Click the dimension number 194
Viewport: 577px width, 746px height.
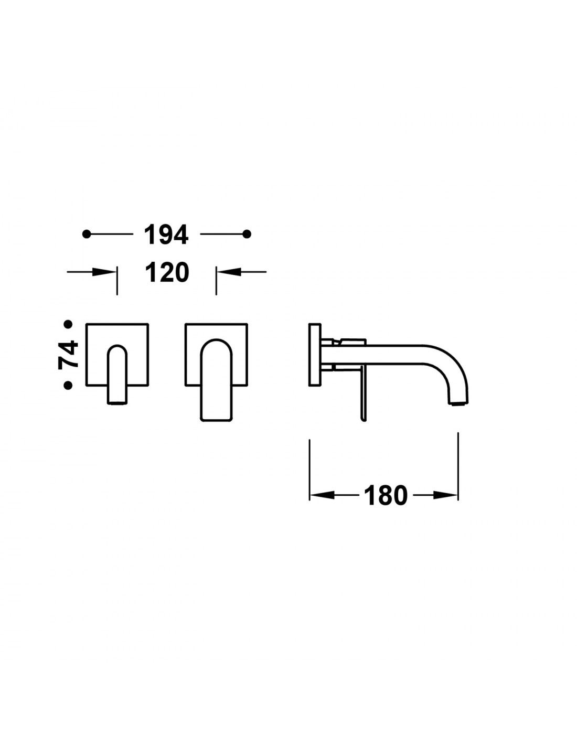(166, 235)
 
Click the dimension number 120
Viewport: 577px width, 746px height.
(167, 272)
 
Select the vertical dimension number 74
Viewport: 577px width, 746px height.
(68, 355)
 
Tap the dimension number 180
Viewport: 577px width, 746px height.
(386, 495)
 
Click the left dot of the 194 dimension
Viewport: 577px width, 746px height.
(87, 234)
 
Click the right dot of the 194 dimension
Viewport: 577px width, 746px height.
(247, 234)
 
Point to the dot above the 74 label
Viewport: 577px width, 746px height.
(68, 324)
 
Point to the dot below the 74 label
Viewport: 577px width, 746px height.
(68, 385)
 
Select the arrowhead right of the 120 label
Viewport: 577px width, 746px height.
(228, 272)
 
